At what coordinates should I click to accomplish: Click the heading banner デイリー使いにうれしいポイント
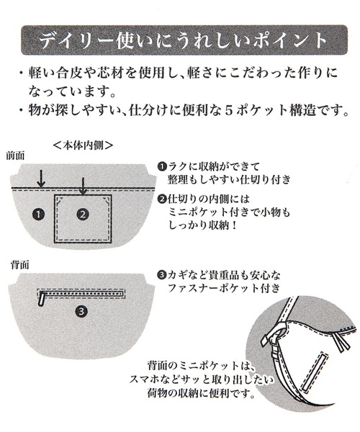[x=184, y=40]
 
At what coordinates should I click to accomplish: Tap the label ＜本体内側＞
[x=83, y=145]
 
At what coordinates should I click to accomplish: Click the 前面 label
[x=16, y=156]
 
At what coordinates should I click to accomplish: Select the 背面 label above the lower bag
[x=19, y=265]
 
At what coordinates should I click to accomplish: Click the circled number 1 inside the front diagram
[x=38, y=214]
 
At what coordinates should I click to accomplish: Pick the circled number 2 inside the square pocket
[x=83, y=214]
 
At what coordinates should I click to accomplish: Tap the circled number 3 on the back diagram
[x=81, y=311]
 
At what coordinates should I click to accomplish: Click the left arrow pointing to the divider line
[x=41, y=179]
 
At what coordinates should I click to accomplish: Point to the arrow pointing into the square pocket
[x=83, y=186]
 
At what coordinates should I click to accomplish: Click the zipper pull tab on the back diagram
[x=42, y=299]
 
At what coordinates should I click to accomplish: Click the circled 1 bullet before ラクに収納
[x=162, y=167]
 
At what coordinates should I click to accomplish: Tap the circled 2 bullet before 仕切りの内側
[x=162, y=199]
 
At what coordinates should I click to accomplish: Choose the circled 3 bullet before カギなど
[x=162, y=275]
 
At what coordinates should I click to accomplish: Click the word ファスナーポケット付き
[x=224, y=288]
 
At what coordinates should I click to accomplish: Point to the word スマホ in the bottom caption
[x=143, y=380]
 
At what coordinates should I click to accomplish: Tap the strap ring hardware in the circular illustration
[x=276, y=333]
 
